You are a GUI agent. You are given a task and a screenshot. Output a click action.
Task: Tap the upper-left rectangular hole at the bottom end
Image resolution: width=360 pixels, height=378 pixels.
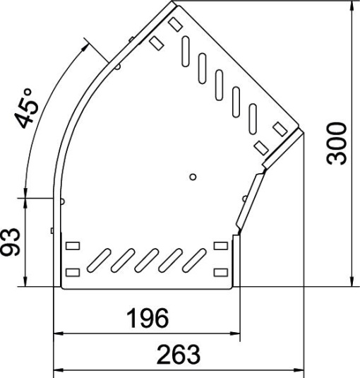pos(72,247)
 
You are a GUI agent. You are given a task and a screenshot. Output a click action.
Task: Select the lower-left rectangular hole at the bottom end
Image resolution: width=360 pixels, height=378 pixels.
pos(72,272)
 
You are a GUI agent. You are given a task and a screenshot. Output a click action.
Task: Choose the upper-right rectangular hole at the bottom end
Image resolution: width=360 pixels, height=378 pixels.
pos(221,247)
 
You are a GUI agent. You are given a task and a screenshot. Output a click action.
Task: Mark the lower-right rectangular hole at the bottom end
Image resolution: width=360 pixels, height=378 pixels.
pos(221,272)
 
